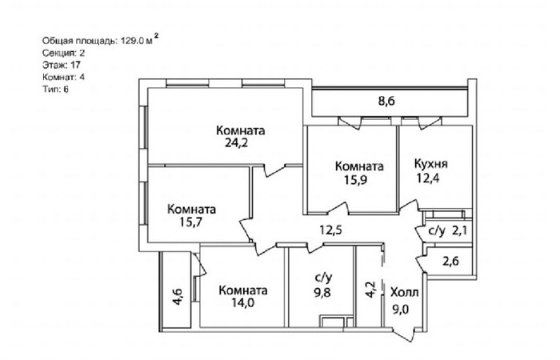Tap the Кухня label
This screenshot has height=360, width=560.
[x=430, y=164]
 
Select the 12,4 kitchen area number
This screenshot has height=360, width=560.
[x=428, y=178]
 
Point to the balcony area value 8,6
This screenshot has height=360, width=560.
[x=386, y=101]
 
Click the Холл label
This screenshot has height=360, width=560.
[x=404, y=293]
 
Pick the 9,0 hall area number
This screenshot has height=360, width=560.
[x=401, y=309]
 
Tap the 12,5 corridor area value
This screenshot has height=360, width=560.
[x=330, y=230]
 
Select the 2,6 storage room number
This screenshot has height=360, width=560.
[x=450, y=262]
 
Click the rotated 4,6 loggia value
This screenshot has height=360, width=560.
[x=178, y=297]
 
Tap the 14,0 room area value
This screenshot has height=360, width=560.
[x=242, y=303]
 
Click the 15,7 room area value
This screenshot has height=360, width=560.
[x=191, y=222]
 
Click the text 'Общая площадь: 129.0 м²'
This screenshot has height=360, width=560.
[x=100, y=40]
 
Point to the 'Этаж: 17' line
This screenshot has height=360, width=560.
[x=62, y=65]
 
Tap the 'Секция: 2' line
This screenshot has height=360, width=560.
[x=63, y=54]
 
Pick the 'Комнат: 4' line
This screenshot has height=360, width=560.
[x=63, y=77]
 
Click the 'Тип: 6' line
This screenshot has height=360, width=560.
[x=55, y=90]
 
